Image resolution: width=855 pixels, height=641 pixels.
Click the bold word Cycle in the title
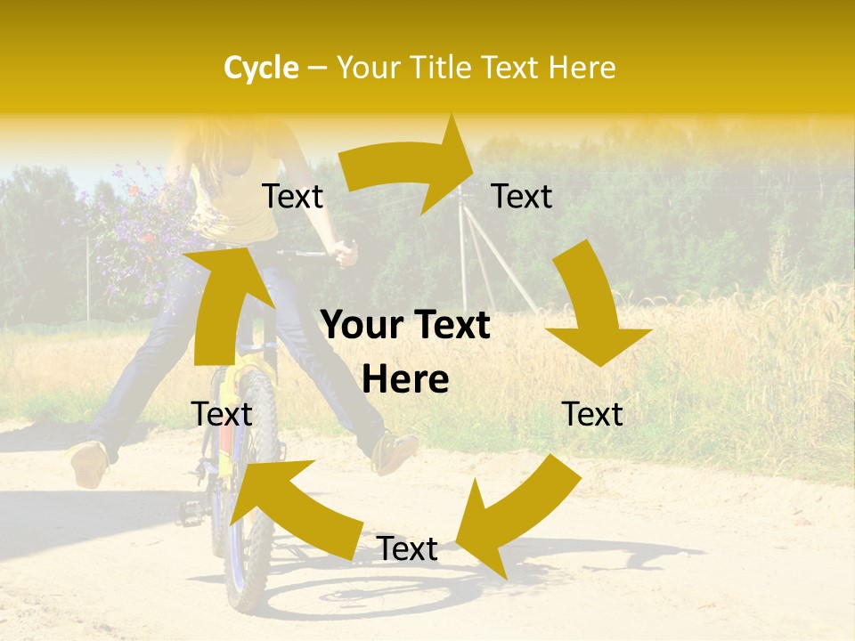point(261,68)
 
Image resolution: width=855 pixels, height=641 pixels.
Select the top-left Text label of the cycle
point(292,197)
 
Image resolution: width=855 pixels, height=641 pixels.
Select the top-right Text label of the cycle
point(522,197)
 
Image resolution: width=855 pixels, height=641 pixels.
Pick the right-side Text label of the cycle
point(592,414)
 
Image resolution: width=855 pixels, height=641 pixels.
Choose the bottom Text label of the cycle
point(407,549)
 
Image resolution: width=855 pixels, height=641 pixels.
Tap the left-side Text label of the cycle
point(222,414)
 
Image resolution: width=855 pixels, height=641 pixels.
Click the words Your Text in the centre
point(405,326)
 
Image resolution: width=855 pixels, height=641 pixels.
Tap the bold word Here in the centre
point(405,380)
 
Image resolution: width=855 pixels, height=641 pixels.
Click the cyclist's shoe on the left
point(89,464)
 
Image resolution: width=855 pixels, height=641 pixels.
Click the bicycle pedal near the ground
point(191,512)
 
